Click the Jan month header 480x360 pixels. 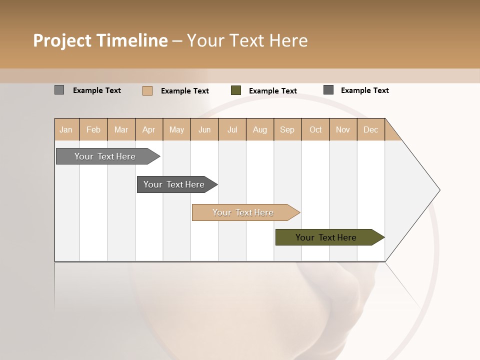66,129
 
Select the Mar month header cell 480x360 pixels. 121,129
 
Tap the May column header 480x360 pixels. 176,129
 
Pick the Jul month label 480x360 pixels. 232,129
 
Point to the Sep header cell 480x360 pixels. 287,129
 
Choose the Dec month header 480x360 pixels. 370,129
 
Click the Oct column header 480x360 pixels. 315,129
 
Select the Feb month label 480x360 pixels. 93,129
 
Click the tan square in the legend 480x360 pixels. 147,90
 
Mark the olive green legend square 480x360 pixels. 236,90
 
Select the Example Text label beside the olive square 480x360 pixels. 273,91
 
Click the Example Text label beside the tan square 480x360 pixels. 185,91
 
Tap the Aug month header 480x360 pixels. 259,129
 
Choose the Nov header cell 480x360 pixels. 343,129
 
